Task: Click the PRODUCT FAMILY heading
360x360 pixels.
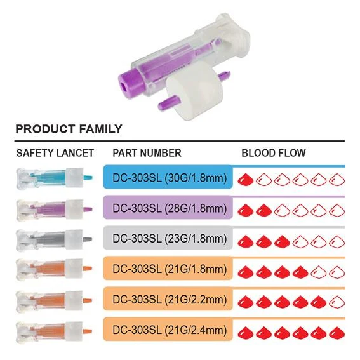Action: [x=69, y=129]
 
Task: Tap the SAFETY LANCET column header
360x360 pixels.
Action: [x=55, y=153]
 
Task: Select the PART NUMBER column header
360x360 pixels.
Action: [x=147, y=153]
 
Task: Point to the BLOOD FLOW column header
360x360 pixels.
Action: [x=274, y=153]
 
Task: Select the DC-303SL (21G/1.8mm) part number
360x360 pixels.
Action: [x=170, y=269]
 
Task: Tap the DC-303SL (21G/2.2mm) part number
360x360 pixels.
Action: [x=170, y=300]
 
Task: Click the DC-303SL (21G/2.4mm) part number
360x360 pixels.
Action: [x=170, y=330]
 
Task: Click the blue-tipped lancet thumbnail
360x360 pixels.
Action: [x=54, y=178]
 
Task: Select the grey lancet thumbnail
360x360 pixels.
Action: [x=54, y=239]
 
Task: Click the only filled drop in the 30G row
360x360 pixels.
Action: [x=245, y=179]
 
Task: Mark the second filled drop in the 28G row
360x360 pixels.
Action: [x=263, y=210]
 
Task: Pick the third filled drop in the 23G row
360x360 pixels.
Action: [x=282, y=241]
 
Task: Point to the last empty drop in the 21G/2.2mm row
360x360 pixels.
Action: [x=337, y=301]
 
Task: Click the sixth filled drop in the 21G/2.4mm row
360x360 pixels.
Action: [x=337, y=332]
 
